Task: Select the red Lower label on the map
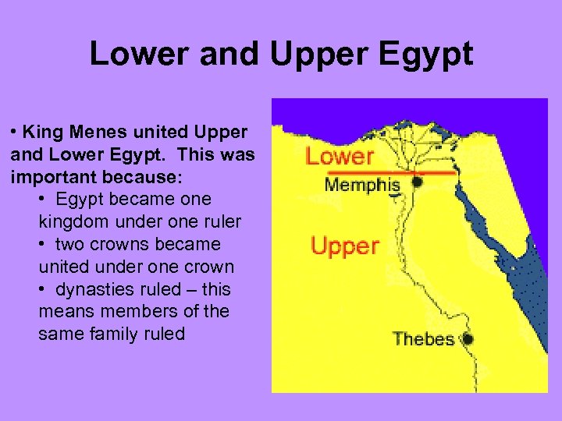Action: pyautogui.click(x=340, y=157)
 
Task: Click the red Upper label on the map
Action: pyautogui.click(x=344, y=246)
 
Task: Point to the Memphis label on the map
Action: pyautogui.click(x=362, y=186)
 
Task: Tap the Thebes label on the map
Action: pyautogui.click(x=422, y=339)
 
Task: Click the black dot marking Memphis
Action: pyautogui.click(x=417, y=182)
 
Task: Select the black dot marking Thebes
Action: pyautogui.click(x=468, y=339)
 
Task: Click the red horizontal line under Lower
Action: pyautogui.click(x=390, y=172)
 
